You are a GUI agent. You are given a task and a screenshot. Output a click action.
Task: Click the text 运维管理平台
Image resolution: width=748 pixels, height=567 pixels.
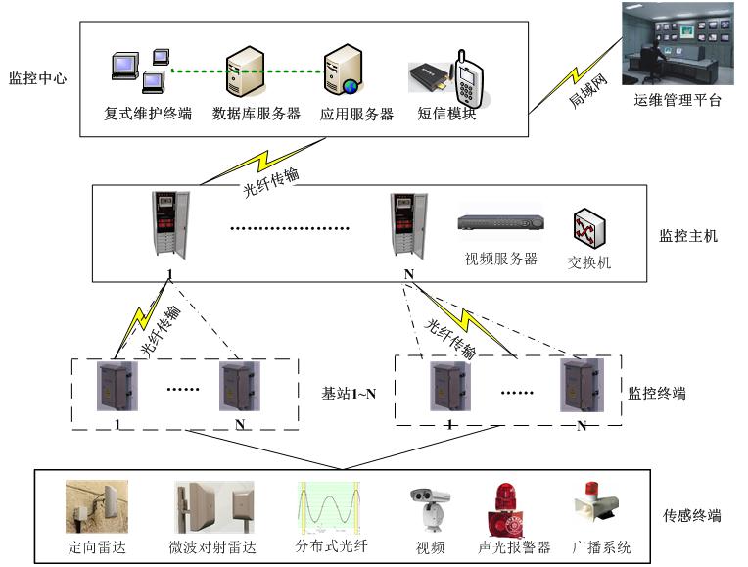pyautogui.click(x=677, y=99)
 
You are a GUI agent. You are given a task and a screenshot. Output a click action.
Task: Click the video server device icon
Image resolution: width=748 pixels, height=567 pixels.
pyautogui.click(x=499, y=223)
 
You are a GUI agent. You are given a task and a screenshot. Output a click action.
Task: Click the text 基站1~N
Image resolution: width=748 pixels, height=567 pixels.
pyautogui.click(x=349, y=394)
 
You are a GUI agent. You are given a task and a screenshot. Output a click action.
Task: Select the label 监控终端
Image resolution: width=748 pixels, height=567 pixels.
pyautogui.click(x=656, y=394)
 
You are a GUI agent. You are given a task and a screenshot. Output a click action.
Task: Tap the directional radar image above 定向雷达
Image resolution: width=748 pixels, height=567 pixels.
pyautogui.click(x=97, y=506)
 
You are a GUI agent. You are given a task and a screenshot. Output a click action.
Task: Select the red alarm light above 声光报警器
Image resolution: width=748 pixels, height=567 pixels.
pyautogui.click(x=503, y=508)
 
